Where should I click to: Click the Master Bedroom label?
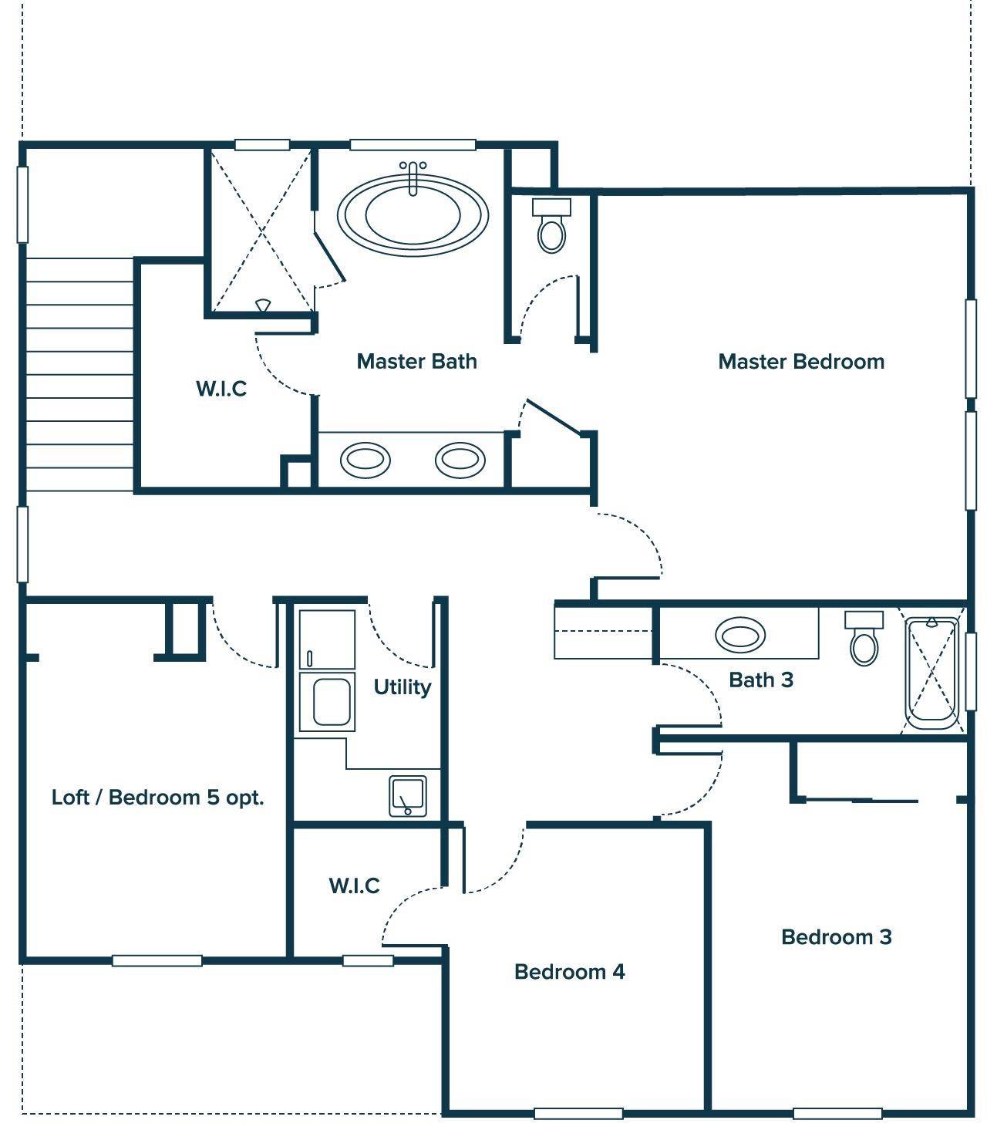800,361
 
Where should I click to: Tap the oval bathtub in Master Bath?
413,215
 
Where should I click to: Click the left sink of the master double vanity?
365,460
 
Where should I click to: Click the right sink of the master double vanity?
460,460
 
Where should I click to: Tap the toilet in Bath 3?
864,640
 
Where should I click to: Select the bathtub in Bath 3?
931,673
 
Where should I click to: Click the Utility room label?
402,686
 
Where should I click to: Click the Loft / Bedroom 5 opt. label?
157,797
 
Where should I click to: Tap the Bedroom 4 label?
569,971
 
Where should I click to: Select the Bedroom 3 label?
836,936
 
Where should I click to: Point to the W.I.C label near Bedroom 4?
354,885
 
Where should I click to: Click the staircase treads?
79,374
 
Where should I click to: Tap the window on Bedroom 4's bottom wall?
578,1113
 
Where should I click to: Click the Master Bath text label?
416,361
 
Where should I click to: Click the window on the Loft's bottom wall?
157,960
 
